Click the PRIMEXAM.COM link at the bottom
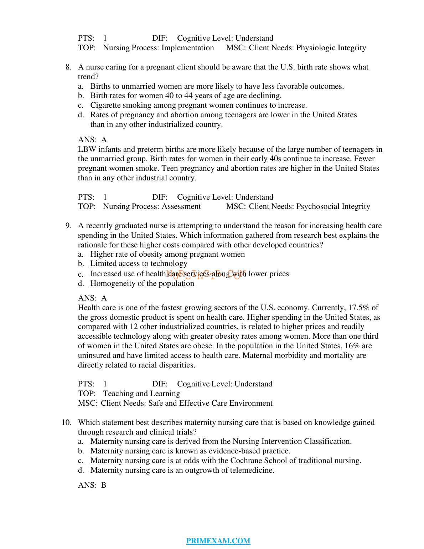[x=218, y=541]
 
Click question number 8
[x=68, y=67]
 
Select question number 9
[x=68, y=226]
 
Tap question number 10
[x=67, y=422]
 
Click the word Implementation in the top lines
[x=188, y=48]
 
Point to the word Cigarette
[x=105, y=105]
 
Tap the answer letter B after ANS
[x=104, y=485]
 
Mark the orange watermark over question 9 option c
[x=206, y=274]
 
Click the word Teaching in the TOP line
[x=118, y=394]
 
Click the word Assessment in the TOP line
[x=181, y=206]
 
